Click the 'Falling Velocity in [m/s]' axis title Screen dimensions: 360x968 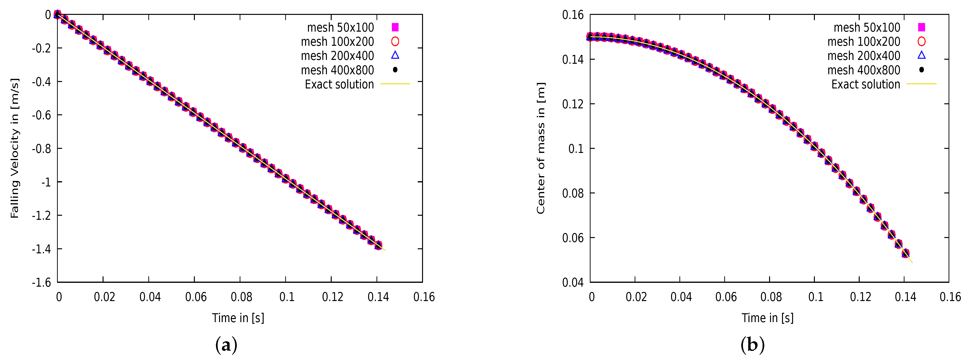coord(14,148)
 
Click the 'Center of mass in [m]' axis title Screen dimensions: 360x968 coord(540,148)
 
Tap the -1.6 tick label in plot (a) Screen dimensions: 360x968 coord(41,282)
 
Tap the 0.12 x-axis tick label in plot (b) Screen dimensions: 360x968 coord(860,297)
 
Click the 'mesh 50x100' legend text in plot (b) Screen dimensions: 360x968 coord(867,27)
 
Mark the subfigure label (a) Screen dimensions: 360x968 coord(226,345)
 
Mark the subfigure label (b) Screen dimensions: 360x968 coord(752,345)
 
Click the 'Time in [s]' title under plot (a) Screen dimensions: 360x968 coord(238,318)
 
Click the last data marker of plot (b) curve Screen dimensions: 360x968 coord(906,253)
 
